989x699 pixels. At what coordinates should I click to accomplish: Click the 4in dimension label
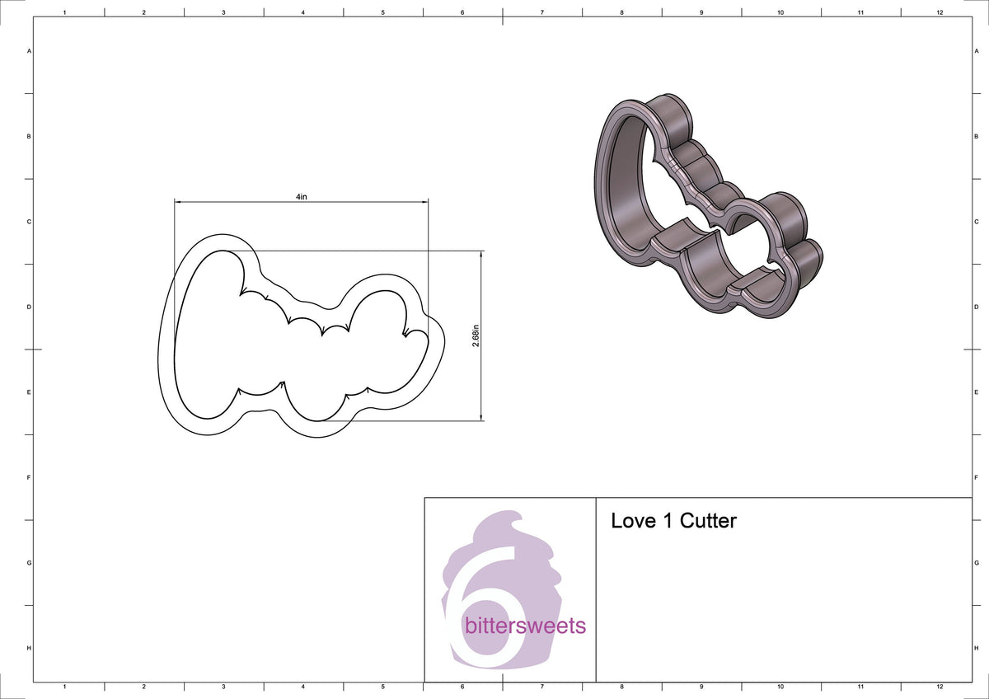(301, 197)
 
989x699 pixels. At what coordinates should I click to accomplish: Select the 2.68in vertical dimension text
(476, 335)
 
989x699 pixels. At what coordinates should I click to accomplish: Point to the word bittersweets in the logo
(525, 626)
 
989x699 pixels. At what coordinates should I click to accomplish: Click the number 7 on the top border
(541, 12)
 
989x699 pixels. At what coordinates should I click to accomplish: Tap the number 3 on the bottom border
(223, 687)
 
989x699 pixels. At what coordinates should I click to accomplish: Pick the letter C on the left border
(30, 222)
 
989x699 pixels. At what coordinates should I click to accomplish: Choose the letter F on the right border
(976, 477)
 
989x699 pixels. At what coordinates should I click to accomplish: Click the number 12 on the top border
(940, 12)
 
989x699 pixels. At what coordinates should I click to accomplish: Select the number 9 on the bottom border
(701, 687)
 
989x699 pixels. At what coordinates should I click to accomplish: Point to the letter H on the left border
(30, 648)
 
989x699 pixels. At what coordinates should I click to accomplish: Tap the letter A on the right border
(976, 51)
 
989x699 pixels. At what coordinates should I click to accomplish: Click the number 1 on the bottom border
(64, 687)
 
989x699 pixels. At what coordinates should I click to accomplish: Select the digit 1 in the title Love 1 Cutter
(667, 521)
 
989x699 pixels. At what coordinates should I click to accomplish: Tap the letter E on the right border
(976, 392)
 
